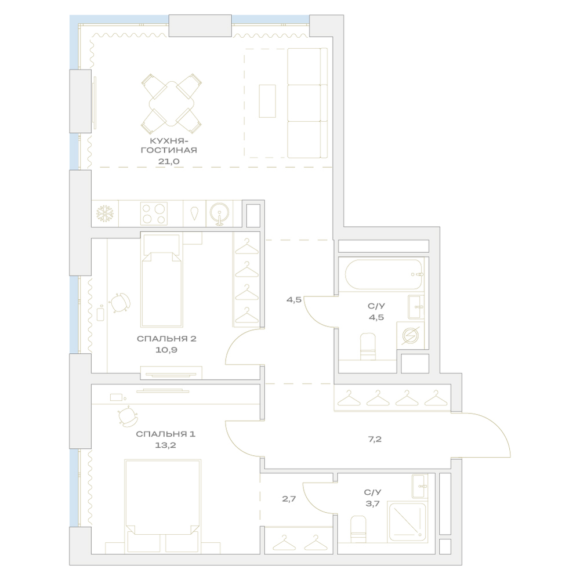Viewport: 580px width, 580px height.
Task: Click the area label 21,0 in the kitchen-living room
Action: pos(169,161)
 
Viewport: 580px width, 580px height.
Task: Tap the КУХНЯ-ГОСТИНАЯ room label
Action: pos(169,146)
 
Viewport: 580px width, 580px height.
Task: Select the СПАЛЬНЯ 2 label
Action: pos(166,339)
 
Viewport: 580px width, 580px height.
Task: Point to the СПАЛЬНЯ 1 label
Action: pos(165,434)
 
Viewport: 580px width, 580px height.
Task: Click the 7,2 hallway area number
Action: pos(375,440)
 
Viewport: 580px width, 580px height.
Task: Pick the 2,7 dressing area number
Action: pos(289,499)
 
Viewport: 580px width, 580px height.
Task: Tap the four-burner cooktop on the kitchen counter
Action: pos(154,213)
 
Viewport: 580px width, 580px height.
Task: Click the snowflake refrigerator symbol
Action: pos(105,213)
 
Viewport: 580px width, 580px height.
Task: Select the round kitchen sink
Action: pos(219,213)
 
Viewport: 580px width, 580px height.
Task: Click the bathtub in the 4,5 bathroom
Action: pos(383,274)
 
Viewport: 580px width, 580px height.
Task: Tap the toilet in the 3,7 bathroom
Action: pos(358,529)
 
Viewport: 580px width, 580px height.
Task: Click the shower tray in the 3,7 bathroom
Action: pos(407,521)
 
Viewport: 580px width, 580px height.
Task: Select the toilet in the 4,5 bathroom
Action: pos(368,346)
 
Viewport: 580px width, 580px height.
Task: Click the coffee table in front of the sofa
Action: pos(267,101)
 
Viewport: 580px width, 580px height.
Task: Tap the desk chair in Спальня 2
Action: pos(120,303)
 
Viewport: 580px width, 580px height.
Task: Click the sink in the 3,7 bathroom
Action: pos(420,486)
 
